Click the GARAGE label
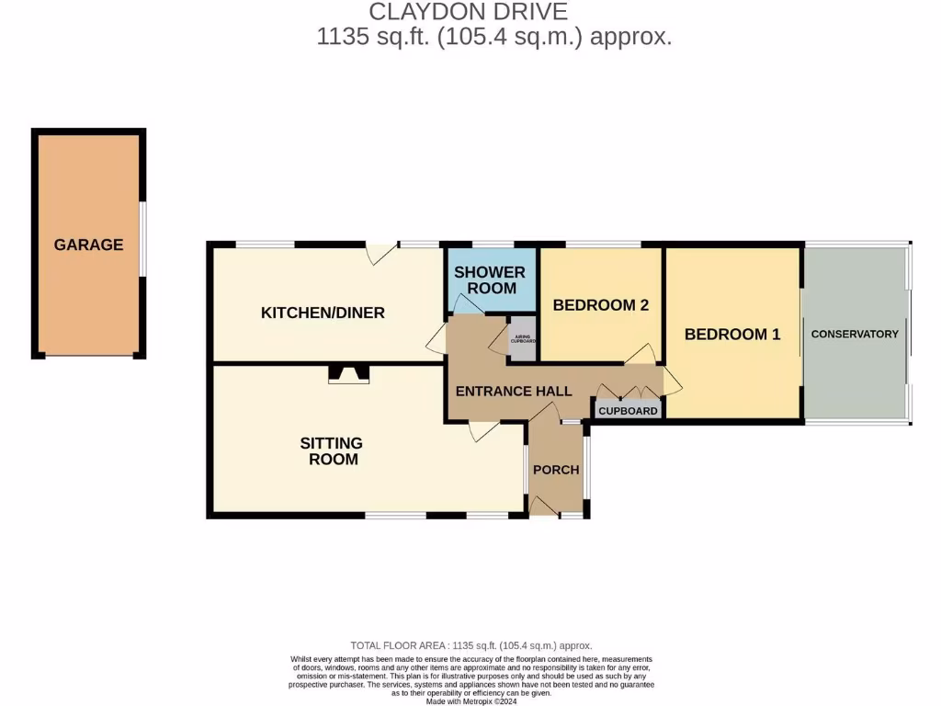88,245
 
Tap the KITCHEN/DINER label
323,313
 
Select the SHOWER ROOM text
490,279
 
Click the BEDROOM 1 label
732,334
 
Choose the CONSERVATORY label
855,334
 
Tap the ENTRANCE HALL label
507,391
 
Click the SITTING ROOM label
332,450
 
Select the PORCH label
556,469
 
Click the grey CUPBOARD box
629,410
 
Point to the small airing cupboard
523,338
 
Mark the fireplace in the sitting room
348,373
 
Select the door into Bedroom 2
640,354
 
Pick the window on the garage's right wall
142,239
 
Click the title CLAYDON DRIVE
468,12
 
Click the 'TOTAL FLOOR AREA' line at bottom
470,646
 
